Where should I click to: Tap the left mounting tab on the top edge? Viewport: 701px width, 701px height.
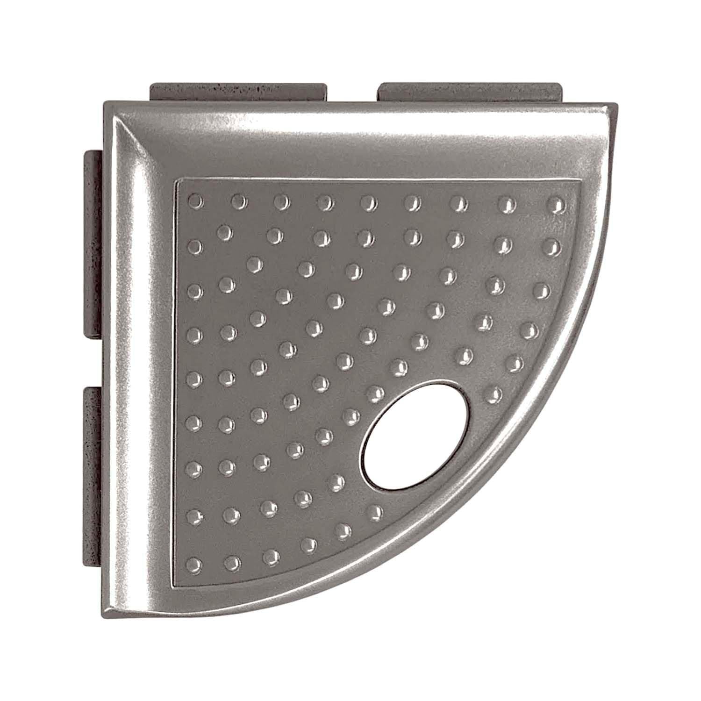coord(238,92)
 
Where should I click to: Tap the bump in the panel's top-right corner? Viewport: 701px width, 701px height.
coord(555,204)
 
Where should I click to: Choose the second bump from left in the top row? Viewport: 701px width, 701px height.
coord(239,201)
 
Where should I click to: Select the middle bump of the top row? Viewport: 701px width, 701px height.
coord(368,202)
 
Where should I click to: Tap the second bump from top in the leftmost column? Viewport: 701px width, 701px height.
coord(195,246)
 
